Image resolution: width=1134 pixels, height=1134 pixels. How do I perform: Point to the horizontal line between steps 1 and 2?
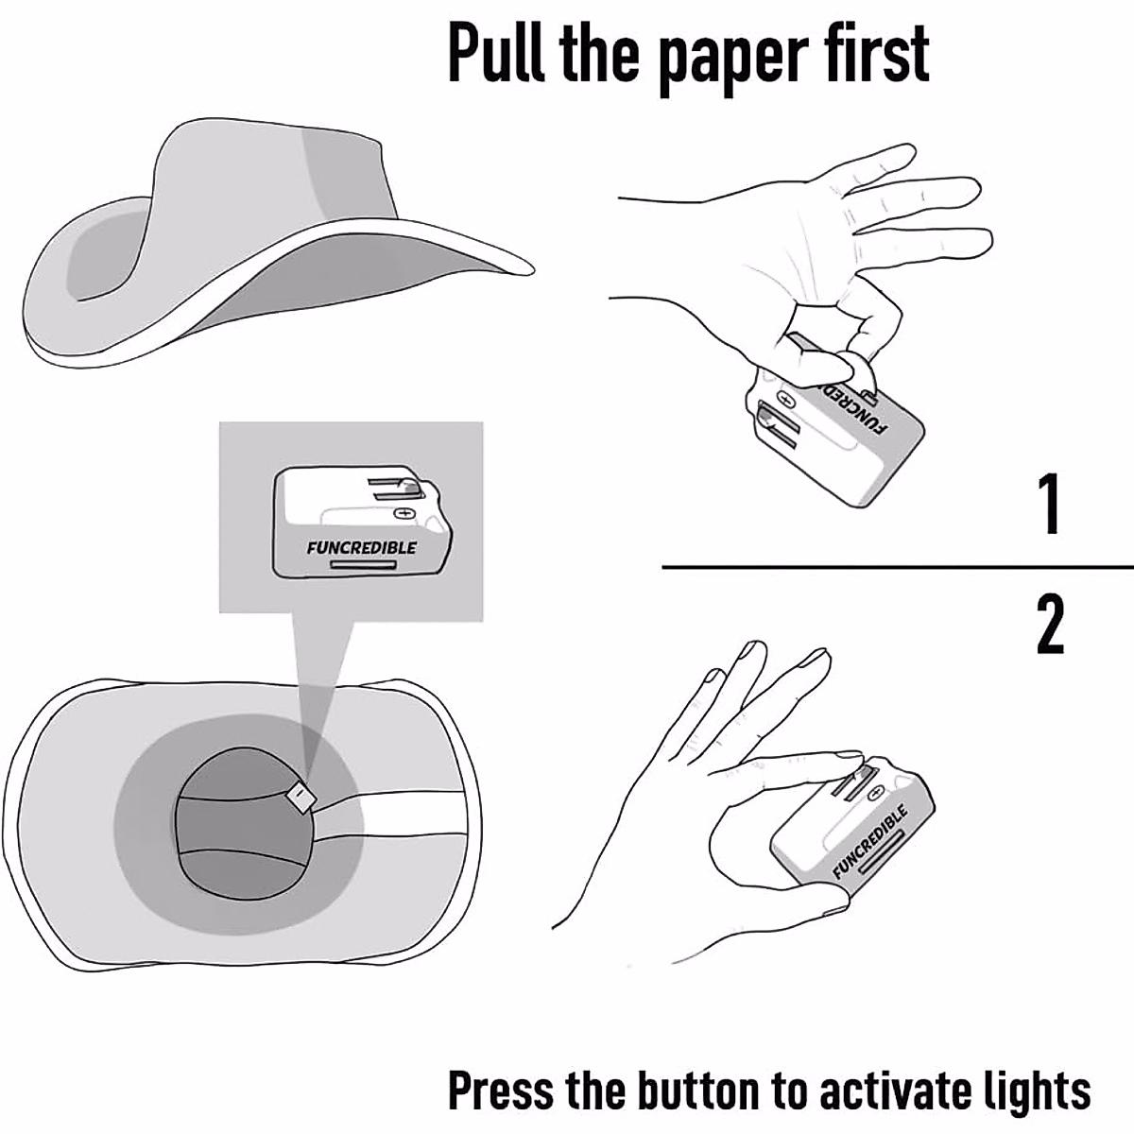(x=898, y=567)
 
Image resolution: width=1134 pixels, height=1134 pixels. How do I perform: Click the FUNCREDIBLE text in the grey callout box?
(x=361, y=548)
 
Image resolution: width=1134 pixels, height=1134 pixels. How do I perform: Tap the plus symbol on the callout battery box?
(x=404, y=514)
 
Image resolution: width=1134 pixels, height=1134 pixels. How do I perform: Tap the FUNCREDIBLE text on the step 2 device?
(x=869, y=842)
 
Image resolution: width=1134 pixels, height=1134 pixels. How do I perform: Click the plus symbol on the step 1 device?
(x=786, y=400)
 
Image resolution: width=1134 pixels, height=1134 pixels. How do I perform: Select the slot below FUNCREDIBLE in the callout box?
(x=363, y=565)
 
